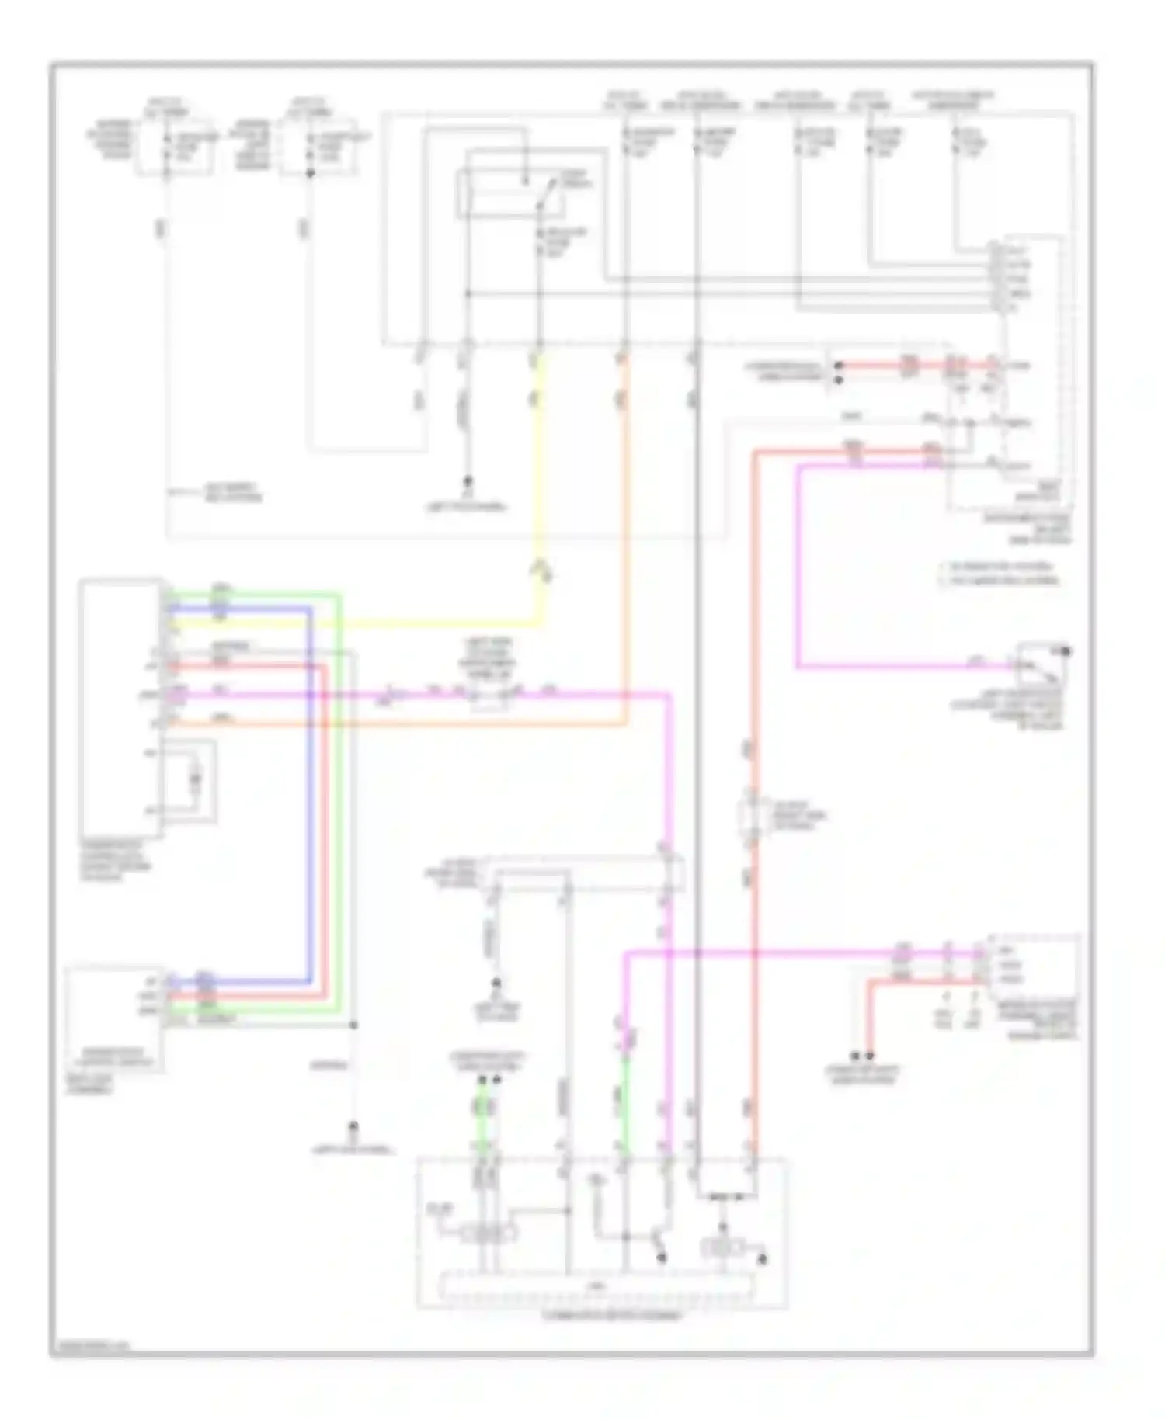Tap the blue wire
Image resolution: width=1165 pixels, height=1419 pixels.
(310, 776)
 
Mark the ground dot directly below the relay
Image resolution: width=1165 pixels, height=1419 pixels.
(468, 481)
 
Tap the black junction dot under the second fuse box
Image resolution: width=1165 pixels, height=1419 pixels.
(310, 173)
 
